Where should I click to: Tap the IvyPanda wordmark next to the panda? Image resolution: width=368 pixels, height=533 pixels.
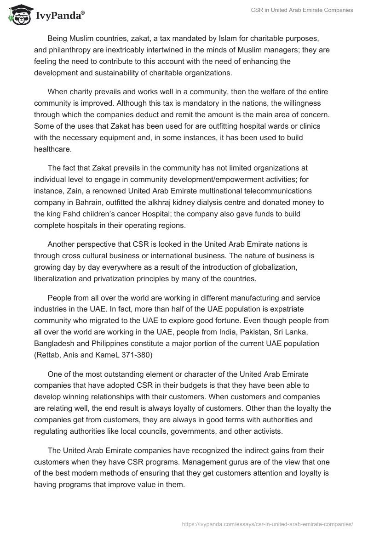(59, 16)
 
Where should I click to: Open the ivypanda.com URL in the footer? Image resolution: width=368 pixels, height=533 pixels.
(267, 523)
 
